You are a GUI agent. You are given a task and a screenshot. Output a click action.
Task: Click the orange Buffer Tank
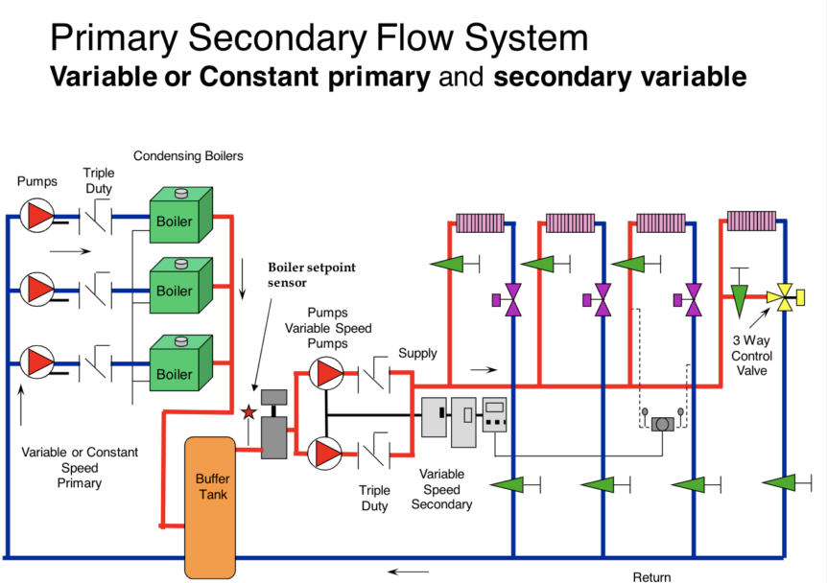click(209, 506)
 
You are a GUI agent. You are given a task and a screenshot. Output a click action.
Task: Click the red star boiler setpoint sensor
click(248, 412)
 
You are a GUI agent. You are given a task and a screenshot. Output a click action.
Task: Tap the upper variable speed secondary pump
click(325, 374)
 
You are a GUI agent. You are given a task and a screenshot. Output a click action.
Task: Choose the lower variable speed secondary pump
click(325, 451)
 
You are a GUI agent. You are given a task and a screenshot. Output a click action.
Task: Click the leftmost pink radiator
click(480, 222)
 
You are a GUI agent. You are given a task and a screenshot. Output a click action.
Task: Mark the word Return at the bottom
click(652, 576)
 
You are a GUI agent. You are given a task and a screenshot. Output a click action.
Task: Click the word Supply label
click(417, 353)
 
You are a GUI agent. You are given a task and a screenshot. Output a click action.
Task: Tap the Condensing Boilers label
click(188, 155)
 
